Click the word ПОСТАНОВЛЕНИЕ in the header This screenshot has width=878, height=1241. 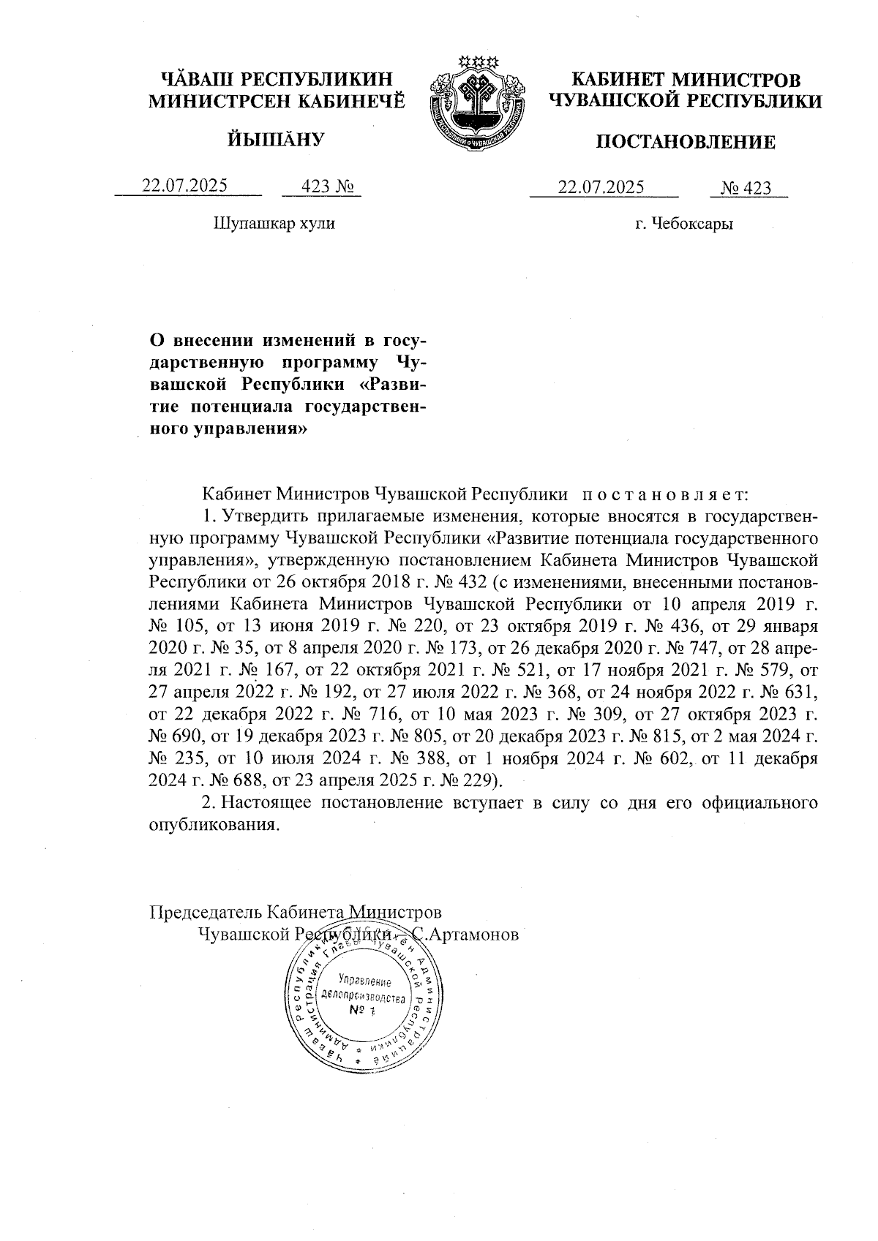686,142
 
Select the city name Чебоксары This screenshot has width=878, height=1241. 695,224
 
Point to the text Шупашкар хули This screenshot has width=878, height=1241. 274,223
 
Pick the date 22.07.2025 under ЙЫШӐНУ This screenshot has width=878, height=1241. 184,186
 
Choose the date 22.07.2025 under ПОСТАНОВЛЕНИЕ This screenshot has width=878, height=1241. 601,187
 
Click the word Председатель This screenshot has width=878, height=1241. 206,913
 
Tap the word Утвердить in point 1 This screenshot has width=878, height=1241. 266,518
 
